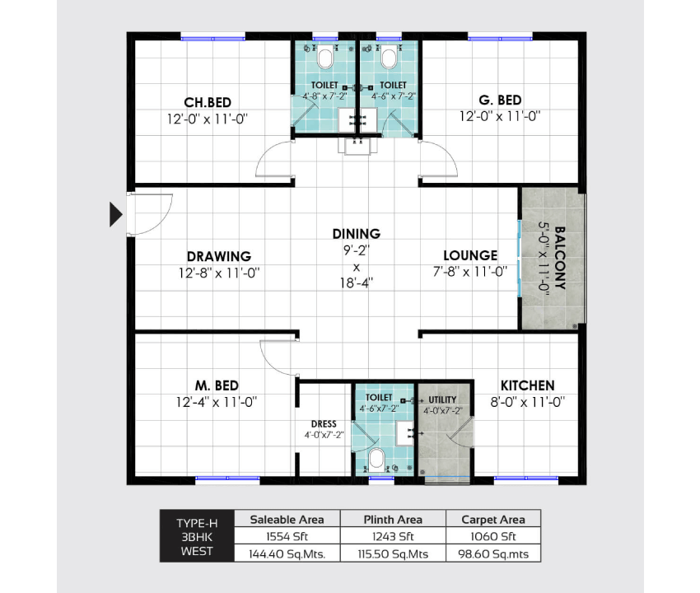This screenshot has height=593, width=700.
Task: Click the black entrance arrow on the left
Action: tap(115, 214)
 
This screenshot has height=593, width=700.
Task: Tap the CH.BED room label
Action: tap(208, 102)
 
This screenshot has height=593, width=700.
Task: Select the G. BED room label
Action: tap(500, 100)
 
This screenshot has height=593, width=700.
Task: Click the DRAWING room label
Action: tap(219, 256)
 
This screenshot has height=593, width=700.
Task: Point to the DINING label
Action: tap(357, 234)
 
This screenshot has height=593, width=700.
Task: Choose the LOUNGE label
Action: tap(470, 255)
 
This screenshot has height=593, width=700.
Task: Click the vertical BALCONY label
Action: tap(560, 258)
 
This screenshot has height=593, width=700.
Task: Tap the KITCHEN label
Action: tap(527, 385)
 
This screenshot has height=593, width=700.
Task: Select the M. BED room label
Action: tap(217, 385)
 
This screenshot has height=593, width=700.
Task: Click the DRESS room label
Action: tap(324, 424)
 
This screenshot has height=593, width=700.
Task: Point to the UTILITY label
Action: tap(442, 399)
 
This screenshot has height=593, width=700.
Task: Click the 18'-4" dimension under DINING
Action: tap(357, 282)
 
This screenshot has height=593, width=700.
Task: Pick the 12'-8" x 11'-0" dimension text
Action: tap(219, 273)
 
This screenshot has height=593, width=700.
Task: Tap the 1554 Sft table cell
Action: tap(287, 536)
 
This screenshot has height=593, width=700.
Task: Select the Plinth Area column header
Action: tap(393, 520)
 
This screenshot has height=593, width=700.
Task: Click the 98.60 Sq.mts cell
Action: tap(493, 554)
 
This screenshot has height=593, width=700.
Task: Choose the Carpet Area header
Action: tap(493, 520)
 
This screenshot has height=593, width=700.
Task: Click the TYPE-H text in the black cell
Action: tap(197, 523)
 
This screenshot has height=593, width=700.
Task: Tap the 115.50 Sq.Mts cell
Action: tap(393, 554)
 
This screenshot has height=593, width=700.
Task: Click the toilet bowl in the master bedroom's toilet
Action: tap(377, 459)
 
